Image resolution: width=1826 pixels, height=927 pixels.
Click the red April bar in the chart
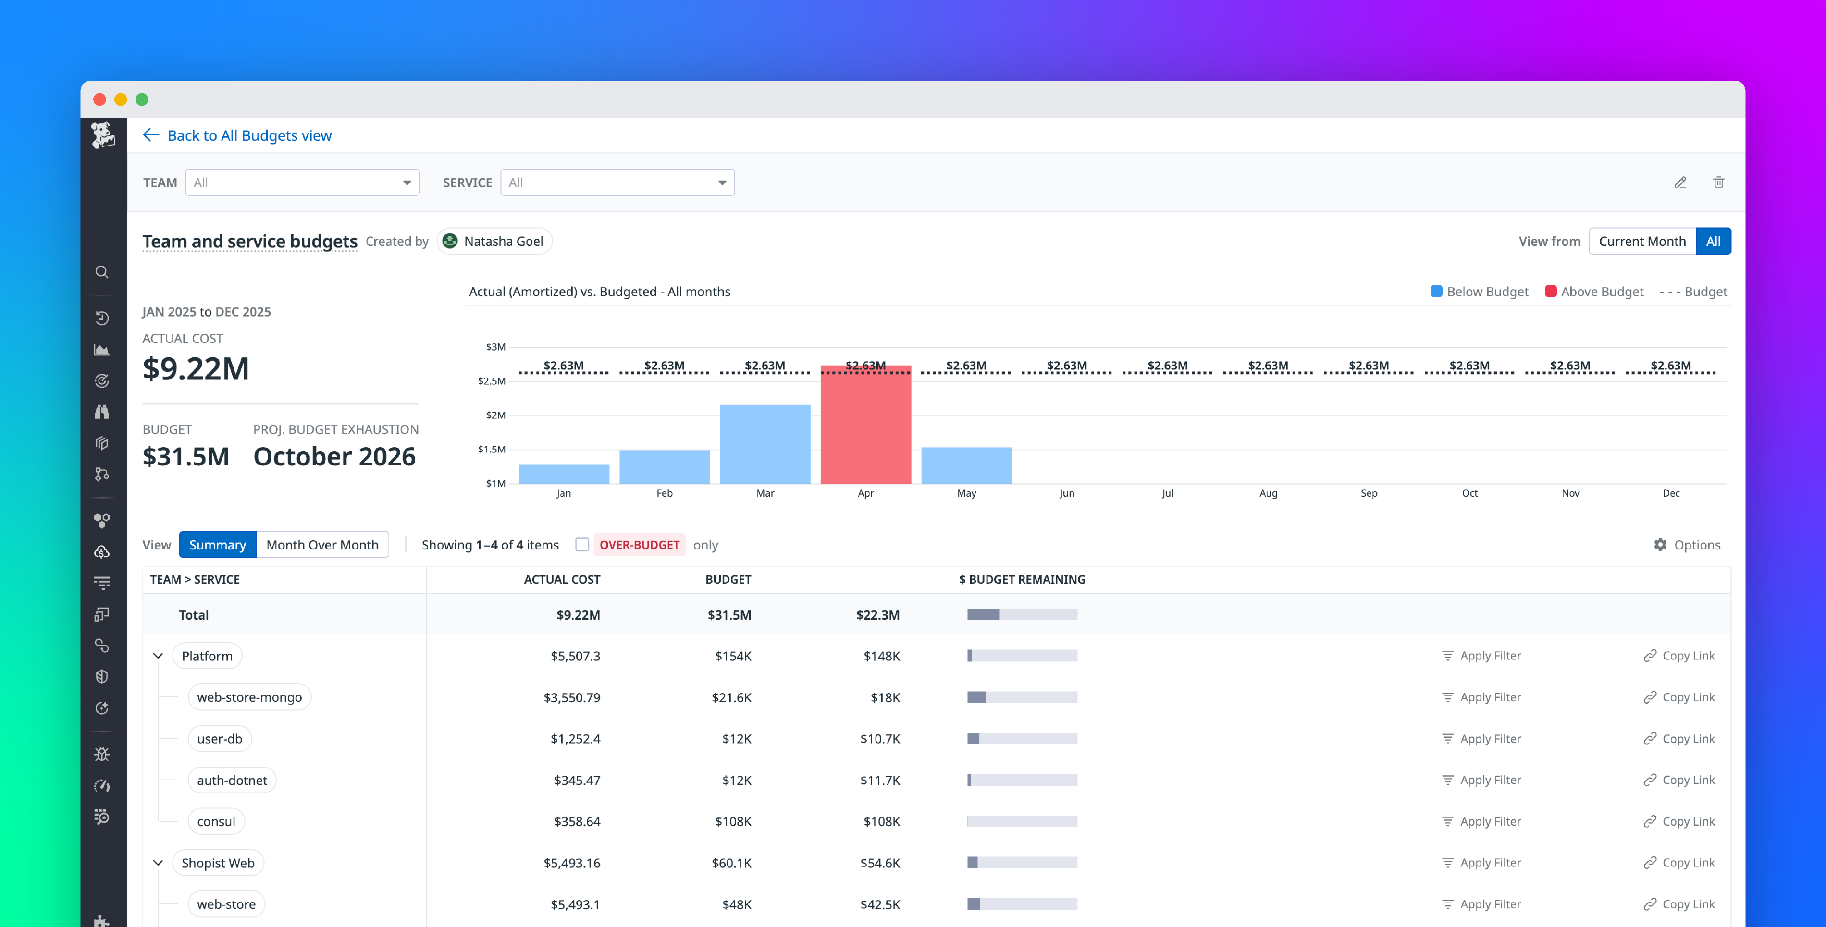pos(865,425)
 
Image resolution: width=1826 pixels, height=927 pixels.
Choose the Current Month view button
pos(1641,242)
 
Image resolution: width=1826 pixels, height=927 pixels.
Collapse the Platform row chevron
pos(158,656)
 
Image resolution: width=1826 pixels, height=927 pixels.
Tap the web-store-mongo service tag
pos(249,697)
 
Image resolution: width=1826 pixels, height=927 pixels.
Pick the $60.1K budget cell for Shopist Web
pos(731,863)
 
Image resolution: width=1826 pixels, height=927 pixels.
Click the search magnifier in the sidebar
pos(102,272)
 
